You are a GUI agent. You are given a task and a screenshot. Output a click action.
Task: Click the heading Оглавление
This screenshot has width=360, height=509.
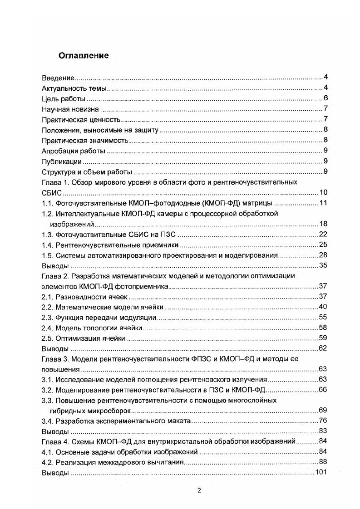tap(83, 56)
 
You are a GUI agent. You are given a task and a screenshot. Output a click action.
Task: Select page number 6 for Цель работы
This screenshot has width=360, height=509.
tap(325, 98)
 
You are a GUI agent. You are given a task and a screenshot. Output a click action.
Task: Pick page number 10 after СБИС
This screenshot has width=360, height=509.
tap(323, 192)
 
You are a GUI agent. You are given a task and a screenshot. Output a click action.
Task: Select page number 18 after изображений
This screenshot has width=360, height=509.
tap(323, 224)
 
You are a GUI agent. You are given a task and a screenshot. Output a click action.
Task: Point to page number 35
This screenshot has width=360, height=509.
tap(323, 266)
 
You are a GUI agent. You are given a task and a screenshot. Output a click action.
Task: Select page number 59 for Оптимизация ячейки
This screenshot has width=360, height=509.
tap(323, 338)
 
